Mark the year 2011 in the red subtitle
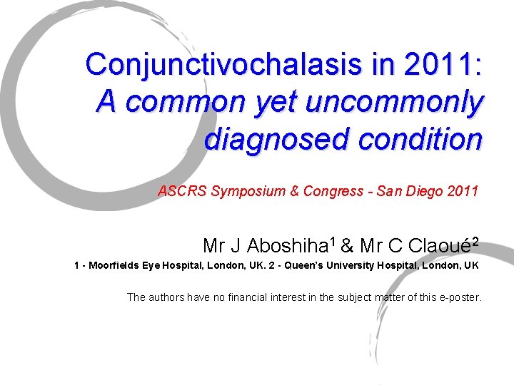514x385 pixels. coord(462,191)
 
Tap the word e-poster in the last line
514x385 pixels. coord(460,297)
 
